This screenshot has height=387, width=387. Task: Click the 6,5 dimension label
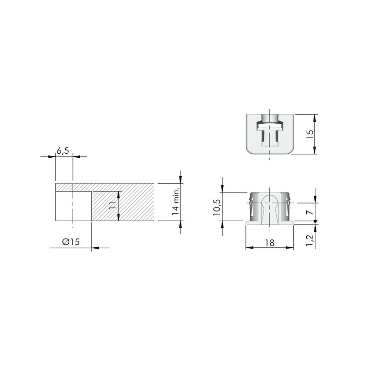coord(63,151)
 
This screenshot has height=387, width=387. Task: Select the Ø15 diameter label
coord(71,242)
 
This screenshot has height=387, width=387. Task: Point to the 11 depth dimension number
coord(112,205)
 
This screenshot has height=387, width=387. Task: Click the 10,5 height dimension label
coord(217,207)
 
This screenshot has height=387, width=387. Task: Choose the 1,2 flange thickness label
coord(309,240)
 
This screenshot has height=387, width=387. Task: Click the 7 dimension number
coord(310,212)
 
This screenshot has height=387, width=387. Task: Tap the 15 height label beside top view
coord(310,134)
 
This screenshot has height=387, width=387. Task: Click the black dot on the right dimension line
coord(315,221)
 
